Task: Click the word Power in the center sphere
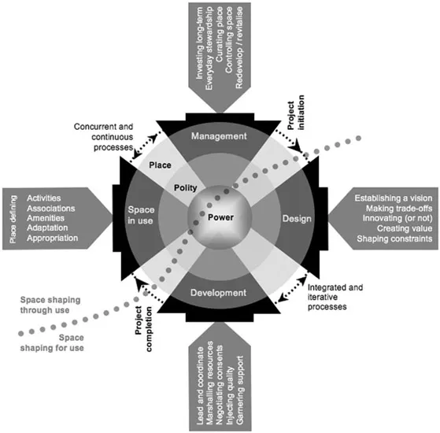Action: pos(221,216)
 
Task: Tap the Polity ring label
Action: pos(187,187)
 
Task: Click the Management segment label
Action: pos(220,136)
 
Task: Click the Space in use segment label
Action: pos(142,216)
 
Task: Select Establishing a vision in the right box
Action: pos(391,197)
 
